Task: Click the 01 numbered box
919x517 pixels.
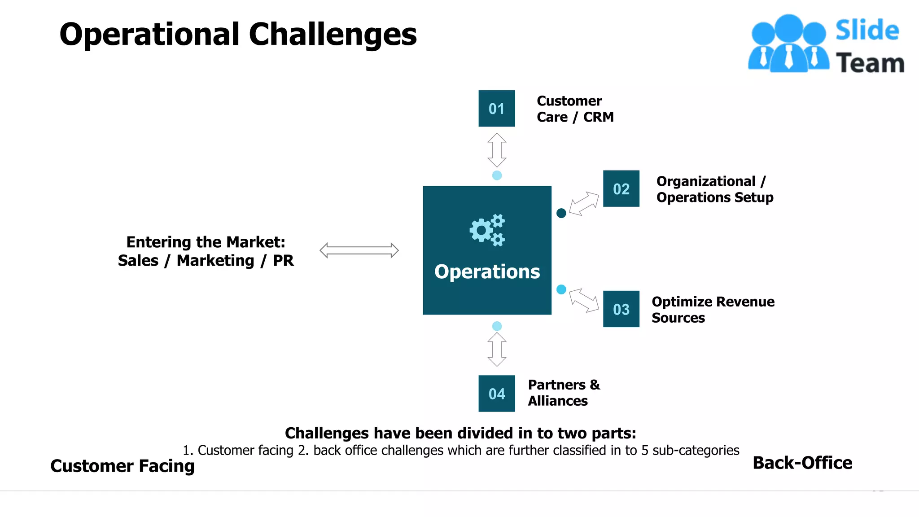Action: (496, 109)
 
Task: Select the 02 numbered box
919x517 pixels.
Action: (621, 188)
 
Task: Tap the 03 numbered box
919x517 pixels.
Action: (621, 309)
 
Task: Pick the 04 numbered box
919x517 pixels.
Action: (496, 394)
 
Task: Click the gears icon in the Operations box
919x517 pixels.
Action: (487, 230)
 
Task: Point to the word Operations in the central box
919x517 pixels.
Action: (487, 272)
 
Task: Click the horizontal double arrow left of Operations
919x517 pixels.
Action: (359, 250)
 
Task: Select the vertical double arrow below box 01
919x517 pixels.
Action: (497, 150)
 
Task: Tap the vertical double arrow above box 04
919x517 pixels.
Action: (497, 349)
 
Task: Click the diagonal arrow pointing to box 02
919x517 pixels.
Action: (584, 204)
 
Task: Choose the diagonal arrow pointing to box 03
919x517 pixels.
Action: (584, 300)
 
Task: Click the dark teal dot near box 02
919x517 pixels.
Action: (561, 213)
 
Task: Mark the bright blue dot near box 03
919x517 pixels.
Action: (561, 289)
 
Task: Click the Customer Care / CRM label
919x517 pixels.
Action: (575, 109)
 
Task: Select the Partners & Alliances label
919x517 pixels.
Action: (564, 393)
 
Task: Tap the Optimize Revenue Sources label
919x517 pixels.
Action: (713, 309)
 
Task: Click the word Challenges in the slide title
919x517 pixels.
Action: (333, 35)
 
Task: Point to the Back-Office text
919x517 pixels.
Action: (802, 463)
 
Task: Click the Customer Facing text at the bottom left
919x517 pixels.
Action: (123, 466)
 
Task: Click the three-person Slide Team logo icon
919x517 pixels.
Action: (788, 44)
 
